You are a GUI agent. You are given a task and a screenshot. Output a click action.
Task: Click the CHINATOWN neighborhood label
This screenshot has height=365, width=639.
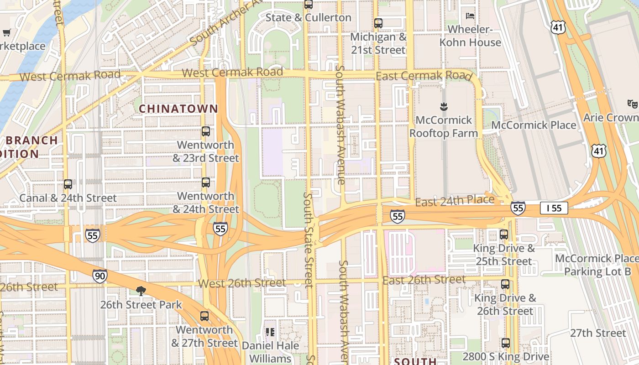[x=178, y=109]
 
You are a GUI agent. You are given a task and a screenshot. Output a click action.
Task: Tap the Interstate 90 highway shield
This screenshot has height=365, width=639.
[x=100, y=276]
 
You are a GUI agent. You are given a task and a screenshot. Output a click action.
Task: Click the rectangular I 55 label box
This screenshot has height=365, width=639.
[x=554, y=208]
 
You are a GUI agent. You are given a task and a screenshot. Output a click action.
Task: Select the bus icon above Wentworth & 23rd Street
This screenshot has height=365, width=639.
[x=206, y=131]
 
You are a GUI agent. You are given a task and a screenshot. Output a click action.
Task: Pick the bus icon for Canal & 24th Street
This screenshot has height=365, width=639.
[x=68, y=184]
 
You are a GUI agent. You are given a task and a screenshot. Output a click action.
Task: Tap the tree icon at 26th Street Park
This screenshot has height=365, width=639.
[x=141, y=291]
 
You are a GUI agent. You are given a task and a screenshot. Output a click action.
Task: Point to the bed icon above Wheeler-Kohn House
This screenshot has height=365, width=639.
[x=470, y=16]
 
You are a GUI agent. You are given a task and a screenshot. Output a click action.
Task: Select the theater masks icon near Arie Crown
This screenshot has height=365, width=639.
[x=632, y=104]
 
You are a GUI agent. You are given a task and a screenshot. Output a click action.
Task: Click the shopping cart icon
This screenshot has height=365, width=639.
[x=6, y=32]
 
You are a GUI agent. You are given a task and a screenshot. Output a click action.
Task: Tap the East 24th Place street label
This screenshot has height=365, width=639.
[x=455, y=201]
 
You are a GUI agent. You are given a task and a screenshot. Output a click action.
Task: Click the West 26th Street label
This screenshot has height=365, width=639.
[x=242, y=283]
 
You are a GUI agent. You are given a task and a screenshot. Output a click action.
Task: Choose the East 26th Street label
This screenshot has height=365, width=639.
[x=424, y=280]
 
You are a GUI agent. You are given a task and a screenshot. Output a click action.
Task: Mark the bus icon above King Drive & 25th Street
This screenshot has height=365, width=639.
[x=504, y=235]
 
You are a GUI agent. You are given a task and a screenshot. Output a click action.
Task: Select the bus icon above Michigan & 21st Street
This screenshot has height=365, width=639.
[x=378, y=23]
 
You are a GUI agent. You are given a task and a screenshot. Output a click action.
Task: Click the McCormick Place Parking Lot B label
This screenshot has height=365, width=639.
[x=597, y=265]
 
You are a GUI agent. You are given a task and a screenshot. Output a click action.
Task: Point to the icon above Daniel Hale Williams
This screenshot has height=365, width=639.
[x=270, y=332]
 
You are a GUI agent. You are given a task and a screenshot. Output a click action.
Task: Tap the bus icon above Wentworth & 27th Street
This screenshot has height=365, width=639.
[x=204, y=316]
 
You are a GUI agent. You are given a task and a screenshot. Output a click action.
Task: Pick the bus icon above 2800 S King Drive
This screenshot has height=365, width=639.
[x=506, y=343]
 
